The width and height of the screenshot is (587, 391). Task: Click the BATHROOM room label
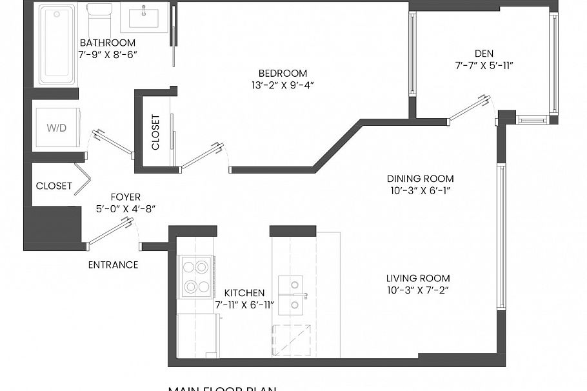(107, 43)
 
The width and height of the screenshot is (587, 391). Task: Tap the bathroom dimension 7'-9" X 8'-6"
(107, 55)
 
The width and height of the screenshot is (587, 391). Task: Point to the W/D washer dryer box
(57, 128)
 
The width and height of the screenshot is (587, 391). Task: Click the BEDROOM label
(283, 73)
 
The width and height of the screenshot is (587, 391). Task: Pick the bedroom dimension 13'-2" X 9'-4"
(283, 85)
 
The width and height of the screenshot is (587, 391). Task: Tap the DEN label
(484, 54)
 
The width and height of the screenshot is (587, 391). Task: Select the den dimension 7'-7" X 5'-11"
(484, 65)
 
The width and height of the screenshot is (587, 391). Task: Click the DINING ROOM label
(420, 179)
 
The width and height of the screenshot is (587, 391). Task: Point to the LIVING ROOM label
(418, 278)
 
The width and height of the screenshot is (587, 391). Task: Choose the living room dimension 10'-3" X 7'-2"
(418, 290)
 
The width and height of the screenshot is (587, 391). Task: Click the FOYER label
(125, 197)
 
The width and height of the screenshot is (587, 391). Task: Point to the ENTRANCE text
(113, 265)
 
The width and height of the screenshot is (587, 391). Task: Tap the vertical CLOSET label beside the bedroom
(155, 132)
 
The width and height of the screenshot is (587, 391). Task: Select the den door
(470, 108)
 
